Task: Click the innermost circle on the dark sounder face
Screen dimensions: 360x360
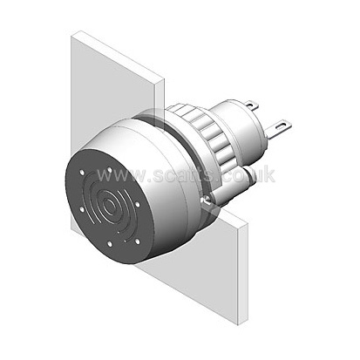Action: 109,207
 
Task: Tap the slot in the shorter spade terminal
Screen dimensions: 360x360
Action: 251,103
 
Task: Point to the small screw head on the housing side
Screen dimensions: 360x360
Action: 206,199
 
